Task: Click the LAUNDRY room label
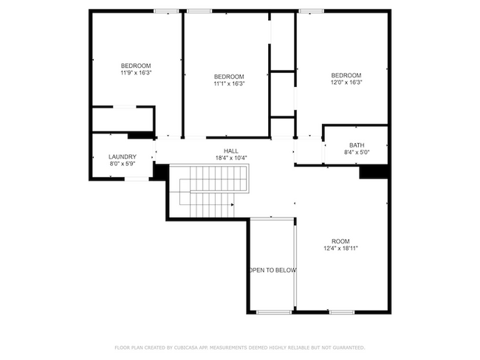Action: click(x=123, y=156)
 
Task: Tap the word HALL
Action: click(x=231, y=150)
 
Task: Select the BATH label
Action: click(x=357, y=145)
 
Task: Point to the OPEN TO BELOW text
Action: click(x=272, y=271)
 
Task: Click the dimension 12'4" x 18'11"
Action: click(x=340, y=249)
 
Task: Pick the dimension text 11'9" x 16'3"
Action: click(x=136, y=73)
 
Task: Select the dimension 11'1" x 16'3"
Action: click(x=229, y=84)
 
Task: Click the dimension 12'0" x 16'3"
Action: click(x=346, y=83)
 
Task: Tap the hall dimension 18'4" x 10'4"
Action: click(x=231, y=158)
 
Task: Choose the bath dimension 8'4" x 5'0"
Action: click(x=357, y=153)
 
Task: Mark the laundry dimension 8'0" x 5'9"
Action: click(x=123, y=164)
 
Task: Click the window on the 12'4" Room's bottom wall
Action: click(x=342, y=312)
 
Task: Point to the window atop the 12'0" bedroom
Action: click(x=311, y=11)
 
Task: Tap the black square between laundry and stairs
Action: click(x=159, y=170)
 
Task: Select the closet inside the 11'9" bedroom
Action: click(x=123, y=119)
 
